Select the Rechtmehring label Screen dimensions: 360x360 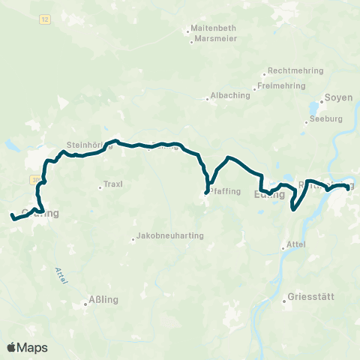point(295,70)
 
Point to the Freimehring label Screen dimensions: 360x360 point(283,85)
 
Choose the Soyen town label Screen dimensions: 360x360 point(337,98)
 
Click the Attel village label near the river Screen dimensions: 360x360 point(297,245)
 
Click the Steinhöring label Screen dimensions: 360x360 point(88,145)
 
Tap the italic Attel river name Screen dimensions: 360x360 point(62,275)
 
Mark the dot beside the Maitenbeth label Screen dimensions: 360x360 point(188,31)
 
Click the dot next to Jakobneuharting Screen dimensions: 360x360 point(133,240)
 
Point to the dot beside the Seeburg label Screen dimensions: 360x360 point(309,118)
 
